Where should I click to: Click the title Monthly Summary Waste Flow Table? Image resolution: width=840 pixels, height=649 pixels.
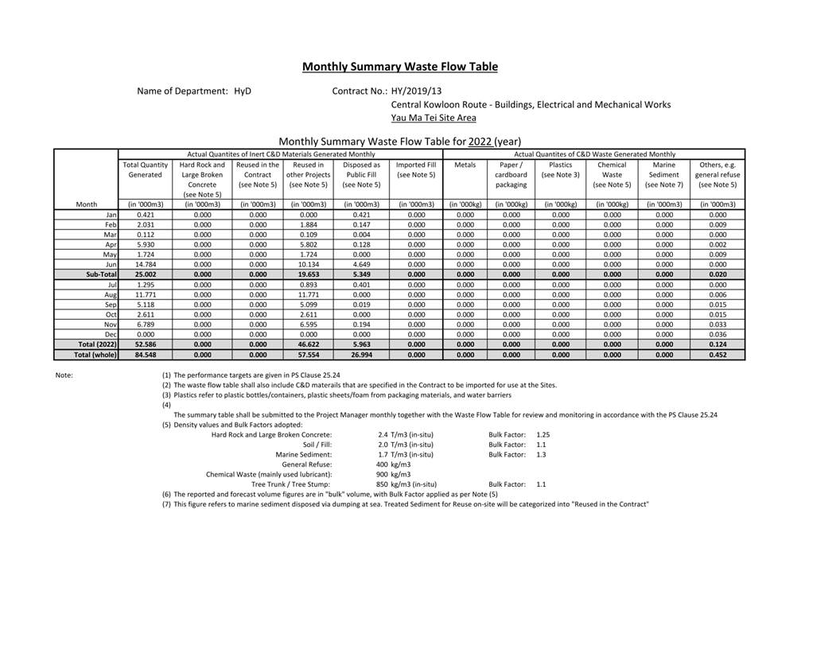(399, 67)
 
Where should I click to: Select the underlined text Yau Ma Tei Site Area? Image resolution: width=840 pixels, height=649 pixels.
(434, 118)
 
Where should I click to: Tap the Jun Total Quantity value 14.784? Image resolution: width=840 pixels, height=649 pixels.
(145, 264)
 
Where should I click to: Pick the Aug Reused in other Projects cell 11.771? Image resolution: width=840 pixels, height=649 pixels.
(308, 294)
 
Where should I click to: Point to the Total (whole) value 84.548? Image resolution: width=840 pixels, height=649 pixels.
(145, 355)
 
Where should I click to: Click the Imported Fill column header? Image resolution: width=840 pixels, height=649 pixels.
(416, 169)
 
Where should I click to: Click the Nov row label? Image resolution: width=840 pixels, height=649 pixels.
(111, 324)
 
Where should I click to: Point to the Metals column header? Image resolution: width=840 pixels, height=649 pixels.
(465, 165)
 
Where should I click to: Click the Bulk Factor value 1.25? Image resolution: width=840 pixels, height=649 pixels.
(543, 435)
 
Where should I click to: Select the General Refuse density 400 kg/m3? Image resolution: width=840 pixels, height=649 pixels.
(393, 464)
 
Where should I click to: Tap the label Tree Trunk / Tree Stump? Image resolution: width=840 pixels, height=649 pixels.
(291, 484)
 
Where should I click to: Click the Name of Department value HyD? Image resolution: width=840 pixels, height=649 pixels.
(243, 91)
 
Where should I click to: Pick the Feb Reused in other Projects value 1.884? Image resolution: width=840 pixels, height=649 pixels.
(308, 224)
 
